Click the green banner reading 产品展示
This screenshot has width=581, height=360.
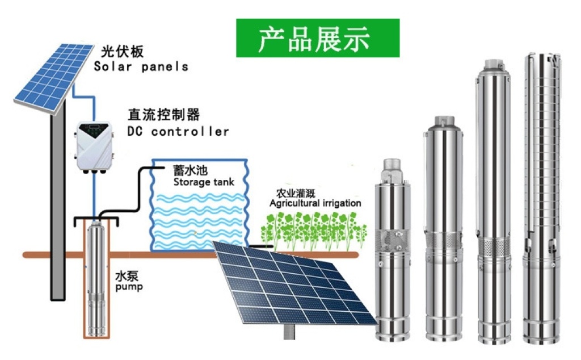pos(318,38)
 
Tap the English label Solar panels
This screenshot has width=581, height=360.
pos(141,66)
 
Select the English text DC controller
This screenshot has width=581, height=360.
pos(178,132)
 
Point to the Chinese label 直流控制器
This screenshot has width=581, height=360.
pos(163,115)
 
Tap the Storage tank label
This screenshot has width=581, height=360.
pos(204,182)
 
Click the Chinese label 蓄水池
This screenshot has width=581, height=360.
pos(186,170)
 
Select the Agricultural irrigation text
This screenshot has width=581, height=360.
pos(315,203)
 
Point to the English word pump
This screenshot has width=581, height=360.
pos(129,287)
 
